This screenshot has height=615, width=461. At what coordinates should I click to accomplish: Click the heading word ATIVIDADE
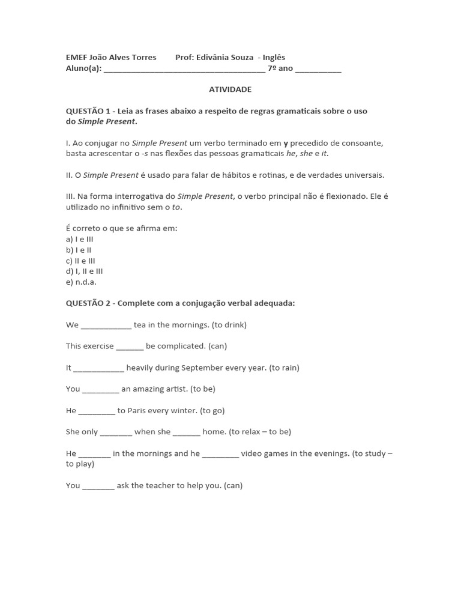230,89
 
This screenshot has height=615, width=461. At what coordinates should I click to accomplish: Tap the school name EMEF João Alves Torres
111,58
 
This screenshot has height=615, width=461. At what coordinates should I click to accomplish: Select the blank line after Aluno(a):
184,68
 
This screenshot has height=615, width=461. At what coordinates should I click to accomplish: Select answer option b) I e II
79,250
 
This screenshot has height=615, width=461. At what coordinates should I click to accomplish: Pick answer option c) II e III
80,261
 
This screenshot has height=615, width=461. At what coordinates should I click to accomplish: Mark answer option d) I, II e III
84,271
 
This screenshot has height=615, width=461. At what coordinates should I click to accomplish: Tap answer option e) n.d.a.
81,282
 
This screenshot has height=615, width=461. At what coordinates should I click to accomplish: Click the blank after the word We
106,326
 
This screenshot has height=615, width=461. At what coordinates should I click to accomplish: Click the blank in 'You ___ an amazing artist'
100,390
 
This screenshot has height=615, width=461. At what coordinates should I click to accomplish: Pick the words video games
266,453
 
